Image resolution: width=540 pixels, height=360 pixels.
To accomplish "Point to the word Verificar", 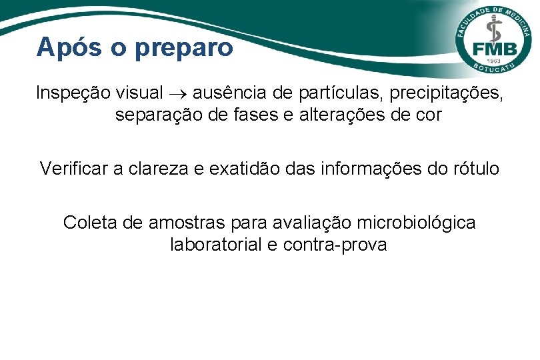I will [x=74, y=169].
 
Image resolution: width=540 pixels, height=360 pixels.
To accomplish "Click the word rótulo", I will [x=474, y=169].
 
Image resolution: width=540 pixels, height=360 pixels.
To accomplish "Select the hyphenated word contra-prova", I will [x=335, y=245].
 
